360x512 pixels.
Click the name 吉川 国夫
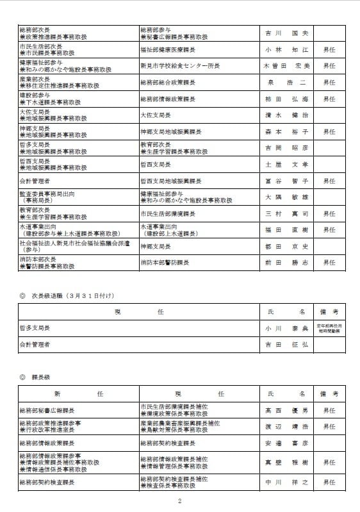pyautogui.click(x=286, y=33)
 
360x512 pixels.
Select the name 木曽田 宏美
pyautogui.click(x=286, y=66)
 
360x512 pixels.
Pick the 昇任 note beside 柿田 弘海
pyautogui.click(x=329, y=99)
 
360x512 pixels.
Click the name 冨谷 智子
pyautogui.click(x=286, y=181)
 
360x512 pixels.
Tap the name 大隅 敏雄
pyautogui.click(x=286, y=198)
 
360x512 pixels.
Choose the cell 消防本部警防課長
pyautogui.click(x=163, y=262)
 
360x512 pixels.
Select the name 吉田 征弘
pyautogui.click(x=286, y=344)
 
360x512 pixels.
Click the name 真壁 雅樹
pyautogui.click(x=286, y=461)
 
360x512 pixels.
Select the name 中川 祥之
pyautogui.click(x=286, y=482)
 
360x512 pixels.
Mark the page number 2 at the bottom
pyautogui.click(x=180, y=501)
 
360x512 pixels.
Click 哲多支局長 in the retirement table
pyautogui.click(x=35, y=327)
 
